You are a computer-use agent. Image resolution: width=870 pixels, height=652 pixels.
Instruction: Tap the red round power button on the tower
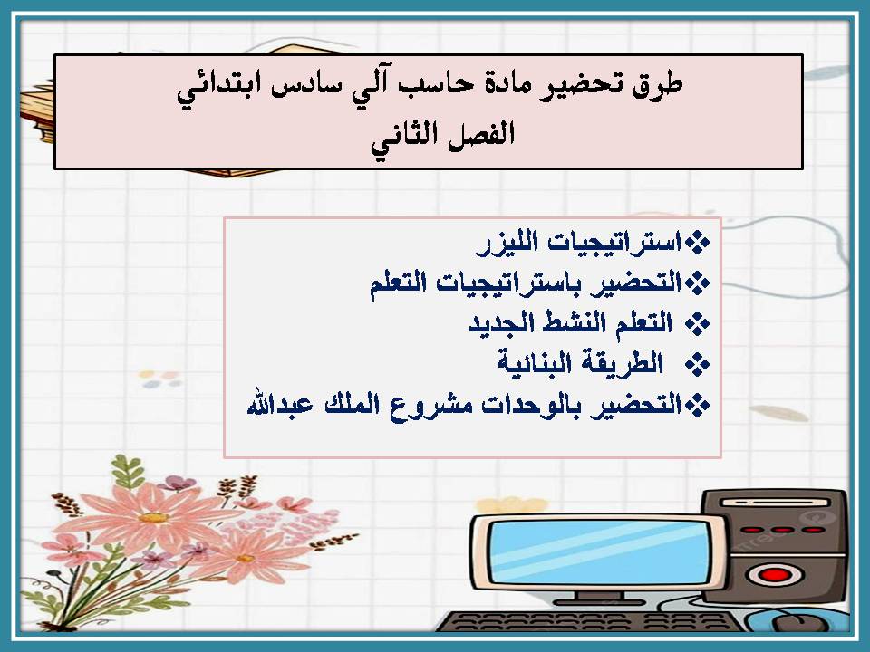click(x=772, y=573)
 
